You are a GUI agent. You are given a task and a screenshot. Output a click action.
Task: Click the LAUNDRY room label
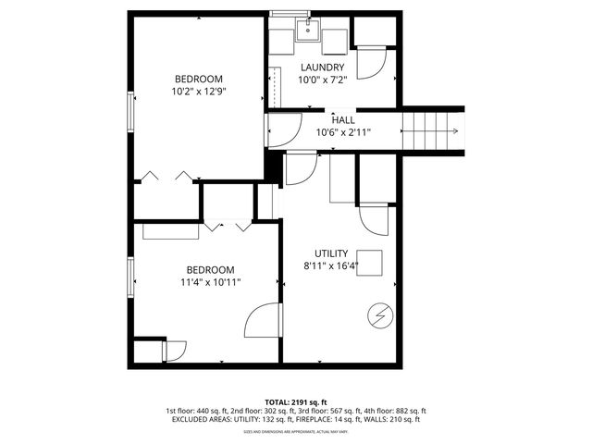click(x=323, y=68)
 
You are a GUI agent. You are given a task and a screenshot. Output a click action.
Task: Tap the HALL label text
click(x=343, y=119)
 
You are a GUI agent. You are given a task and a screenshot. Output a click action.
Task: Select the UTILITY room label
click(x=330, y=253)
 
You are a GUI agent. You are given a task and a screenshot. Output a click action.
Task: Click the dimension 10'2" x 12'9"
click(x=198, y=92)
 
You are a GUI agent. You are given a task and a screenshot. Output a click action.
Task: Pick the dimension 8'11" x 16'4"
click(x=330, y=266)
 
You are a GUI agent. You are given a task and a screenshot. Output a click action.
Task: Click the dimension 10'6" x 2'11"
click(x=343, y=132)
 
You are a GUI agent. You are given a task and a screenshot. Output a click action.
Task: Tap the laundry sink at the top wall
click(x=308, y=30)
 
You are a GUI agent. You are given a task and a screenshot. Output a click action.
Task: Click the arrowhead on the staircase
click(x=455, y=130)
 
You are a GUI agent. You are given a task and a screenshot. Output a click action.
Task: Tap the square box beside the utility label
click(x=371, y=261)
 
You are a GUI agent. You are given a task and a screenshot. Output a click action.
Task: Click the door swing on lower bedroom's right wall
click(x=262, y=321)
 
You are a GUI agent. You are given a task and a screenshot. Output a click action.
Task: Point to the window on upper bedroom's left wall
click(x=130, y=112)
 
